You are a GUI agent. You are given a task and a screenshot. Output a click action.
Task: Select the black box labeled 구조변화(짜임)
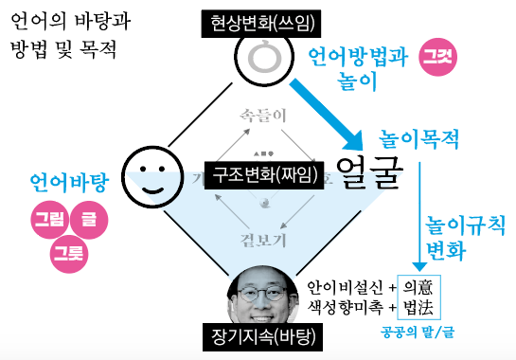click(258, 174)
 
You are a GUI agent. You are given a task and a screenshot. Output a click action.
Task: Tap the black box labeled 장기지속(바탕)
click(258, 334)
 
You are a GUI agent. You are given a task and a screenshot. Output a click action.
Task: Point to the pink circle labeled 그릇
click(68, 252)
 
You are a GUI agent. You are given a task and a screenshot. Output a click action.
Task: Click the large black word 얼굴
click(369, 173)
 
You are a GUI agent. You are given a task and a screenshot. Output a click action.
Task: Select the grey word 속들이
click(258, 114)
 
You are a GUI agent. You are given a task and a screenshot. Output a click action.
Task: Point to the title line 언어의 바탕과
click(67, 20)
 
